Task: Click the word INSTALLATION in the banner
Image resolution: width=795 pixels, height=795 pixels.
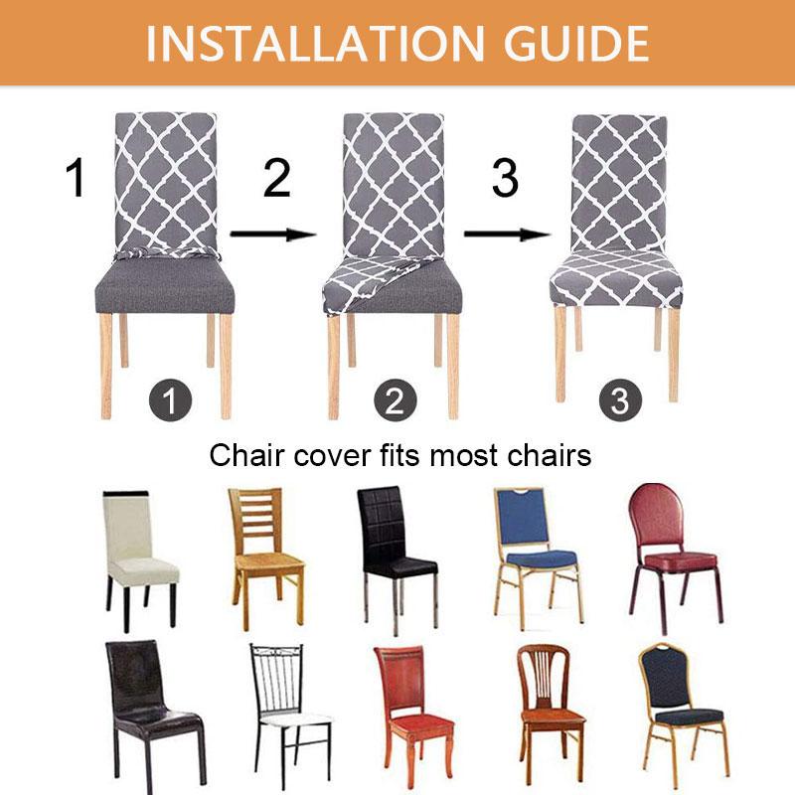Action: [314, 44]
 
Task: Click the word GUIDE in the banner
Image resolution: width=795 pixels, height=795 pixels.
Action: [576, 44]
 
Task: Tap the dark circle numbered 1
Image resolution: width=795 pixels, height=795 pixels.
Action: [170, 400]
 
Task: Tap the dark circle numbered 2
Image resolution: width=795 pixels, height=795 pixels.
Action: [396, 400]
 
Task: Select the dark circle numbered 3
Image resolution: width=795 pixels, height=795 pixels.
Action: [620, 400]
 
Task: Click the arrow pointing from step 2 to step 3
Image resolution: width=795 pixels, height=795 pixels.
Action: [507, 235]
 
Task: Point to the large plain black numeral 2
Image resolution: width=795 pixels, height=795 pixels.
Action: [277, 178]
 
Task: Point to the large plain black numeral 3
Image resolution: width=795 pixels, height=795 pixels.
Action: [505, 178]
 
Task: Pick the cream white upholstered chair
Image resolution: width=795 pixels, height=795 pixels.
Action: [140, 560]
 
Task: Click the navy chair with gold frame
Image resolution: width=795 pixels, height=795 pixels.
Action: [683, 715]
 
